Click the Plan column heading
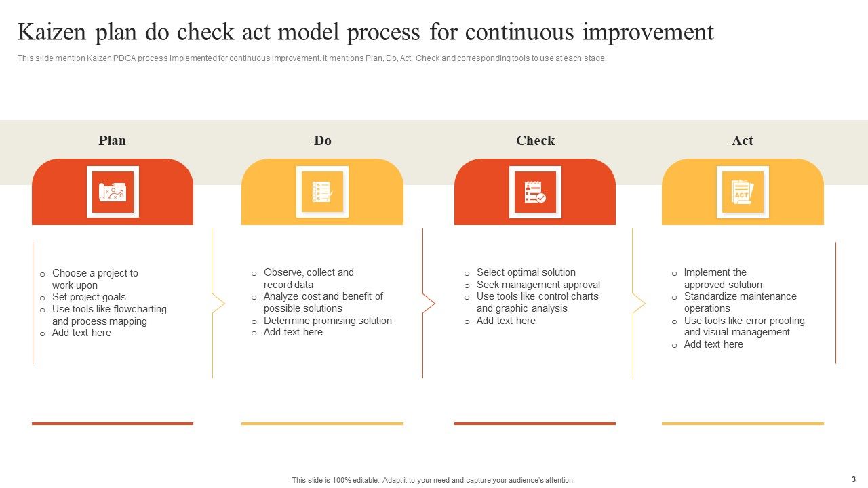point(112,140)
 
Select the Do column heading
point(322,140)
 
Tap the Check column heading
point(535,140)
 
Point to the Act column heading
point(742,140)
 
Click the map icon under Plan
point(113,192)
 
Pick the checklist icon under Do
point(322,192)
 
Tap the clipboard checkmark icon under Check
point(535,192)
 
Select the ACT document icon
point(743,192)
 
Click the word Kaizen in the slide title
point(56,32)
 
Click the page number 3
point(853,479)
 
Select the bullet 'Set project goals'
point(89,297)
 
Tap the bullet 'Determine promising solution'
point(328,321)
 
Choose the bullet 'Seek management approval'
point(538,285)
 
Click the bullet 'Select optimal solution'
point(526,272)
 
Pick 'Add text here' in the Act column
point(713,344)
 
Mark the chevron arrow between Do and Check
point(429,304)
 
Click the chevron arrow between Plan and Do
point(218,304)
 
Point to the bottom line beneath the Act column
point(743,424)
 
